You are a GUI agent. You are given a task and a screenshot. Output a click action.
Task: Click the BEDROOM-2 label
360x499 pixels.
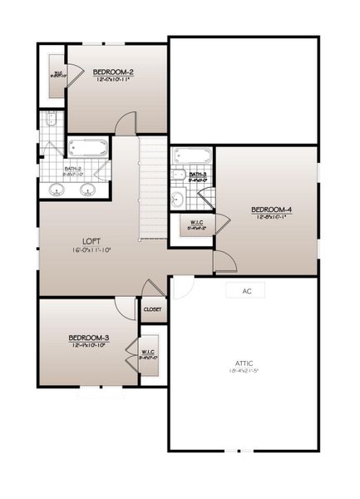point(114,72)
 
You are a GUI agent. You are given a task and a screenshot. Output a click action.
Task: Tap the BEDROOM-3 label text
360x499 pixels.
point(88,337)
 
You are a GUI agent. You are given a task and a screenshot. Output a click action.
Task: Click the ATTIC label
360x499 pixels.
point(244,364)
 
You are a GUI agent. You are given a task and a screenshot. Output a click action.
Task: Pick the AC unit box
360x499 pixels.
point(246,291)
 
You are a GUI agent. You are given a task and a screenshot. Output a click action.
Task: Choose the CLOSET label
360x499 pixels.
point(152,309)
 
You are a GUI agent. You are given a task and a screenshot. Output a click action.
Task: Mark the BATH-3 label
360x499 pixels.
point(198,174)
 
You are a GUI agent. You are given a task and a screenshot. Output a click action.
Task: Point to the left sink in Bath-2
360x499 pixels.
point(57,190)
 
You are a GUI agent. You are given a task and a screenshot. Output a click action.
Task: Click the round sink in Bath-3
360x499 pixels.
point(177,198)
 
